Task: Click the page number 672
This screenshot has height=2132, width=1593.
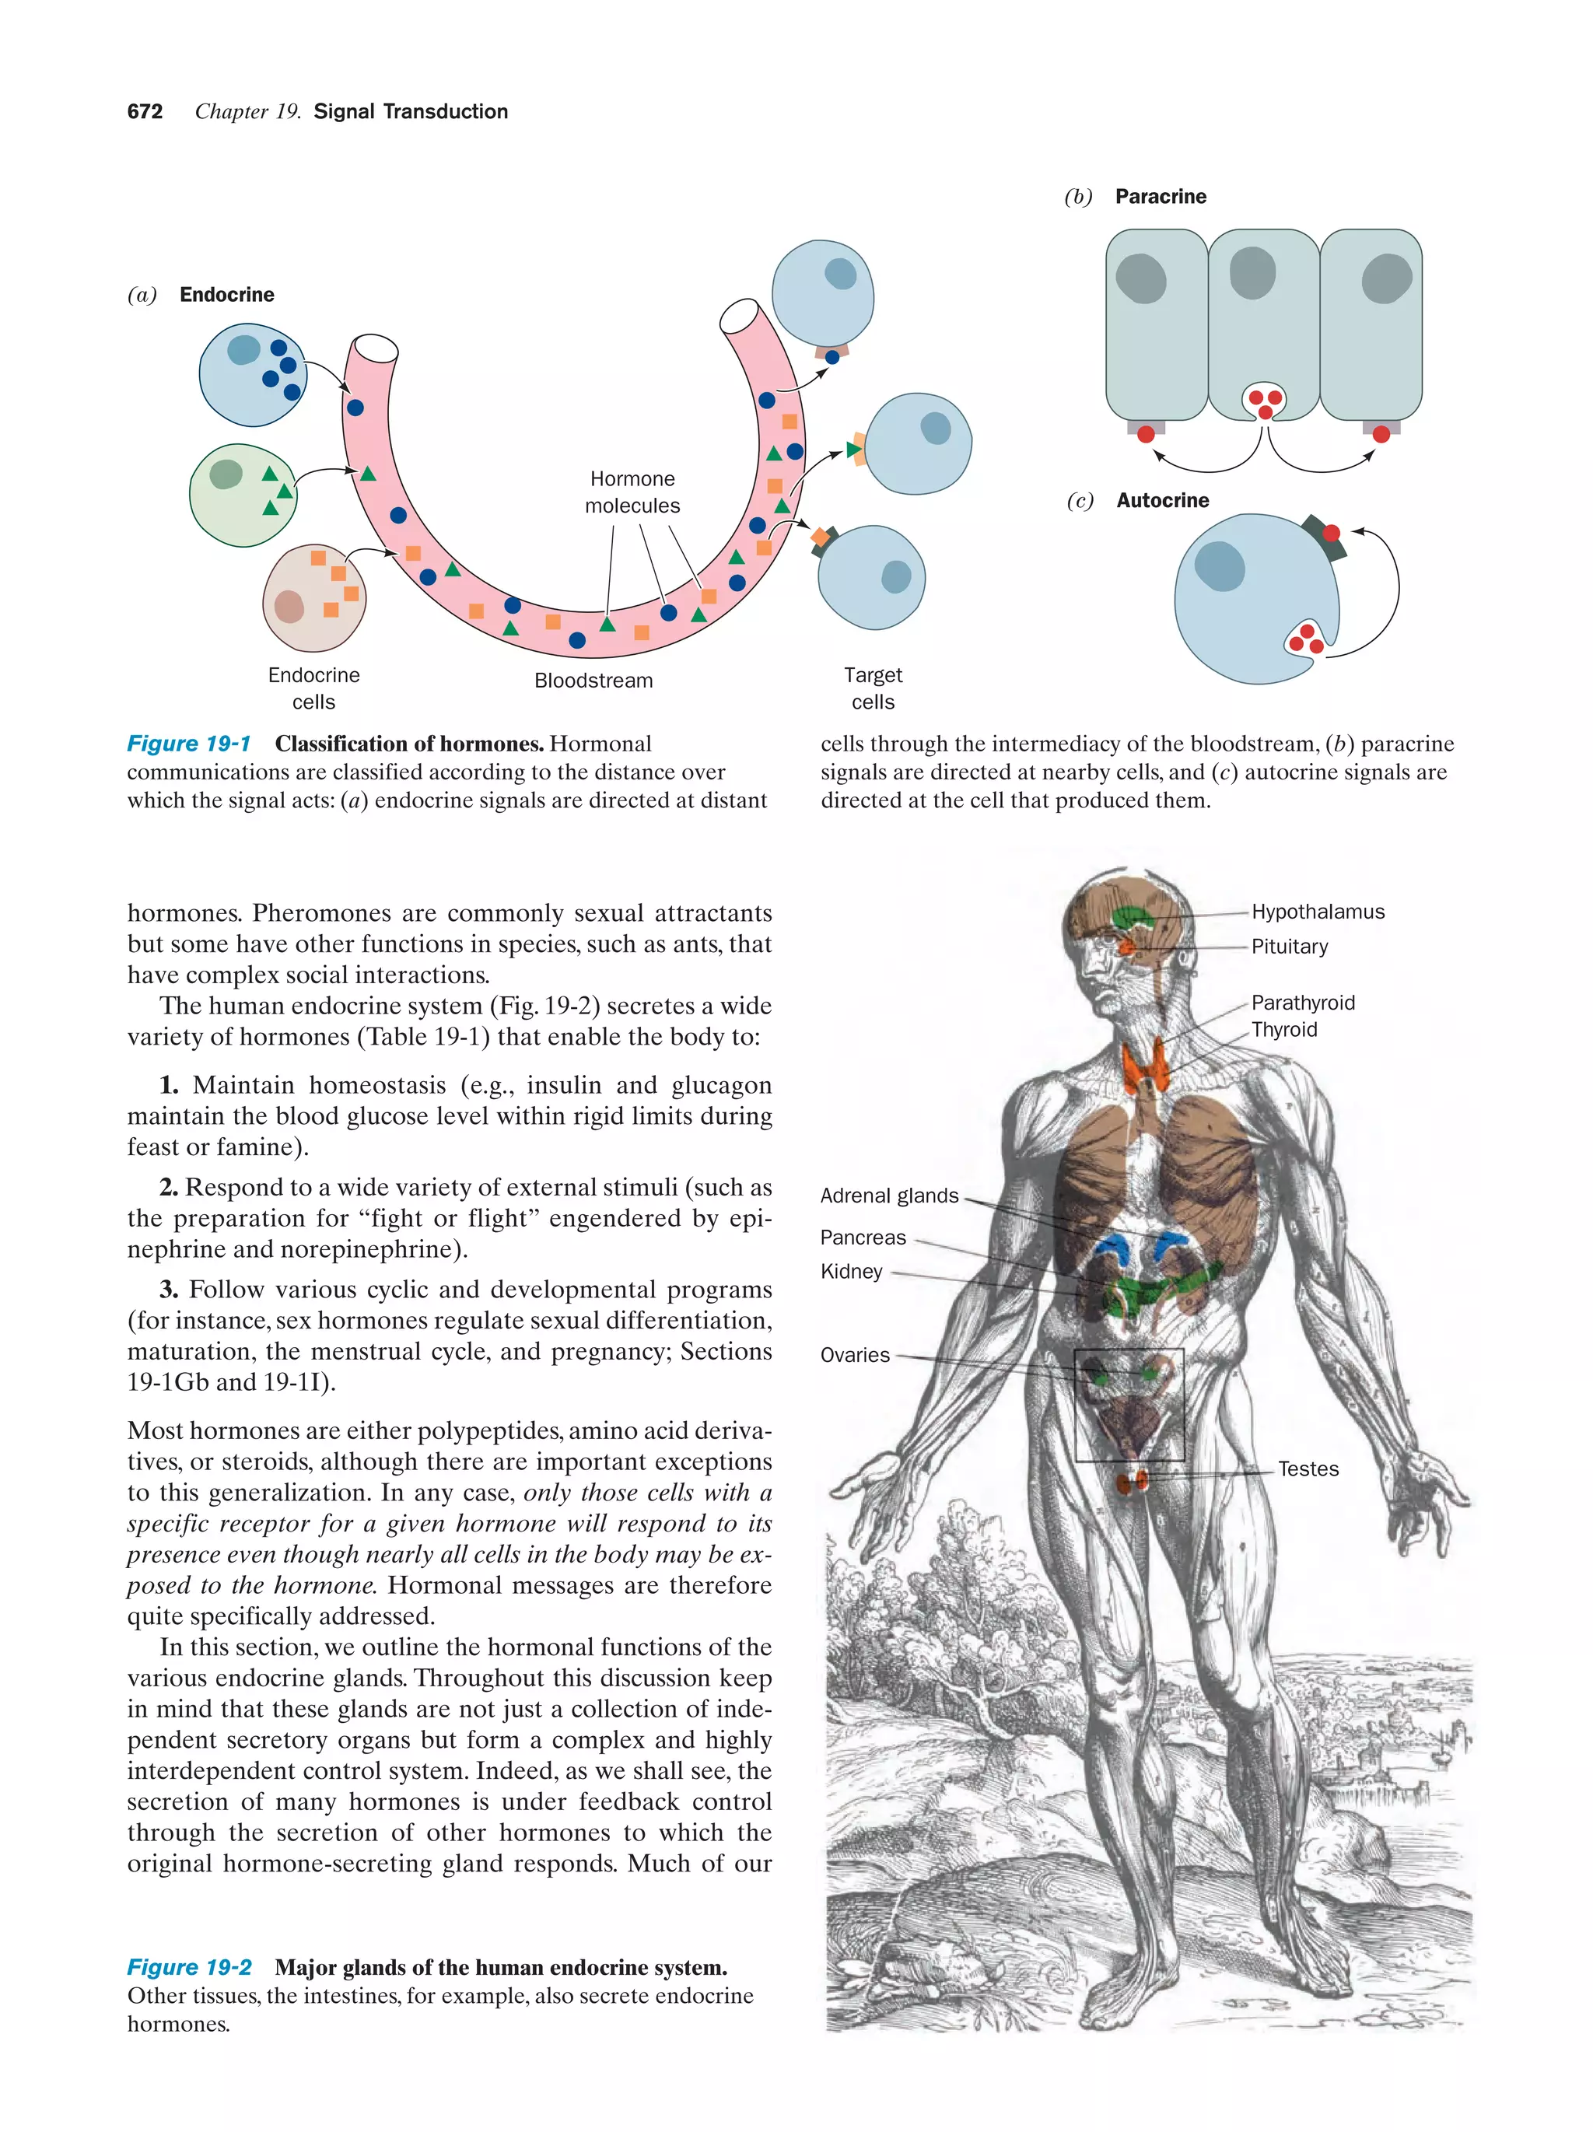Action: click(x=145, y=112)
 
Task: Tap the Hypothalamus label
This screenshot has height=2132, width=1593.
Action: click(x=1316, y=912)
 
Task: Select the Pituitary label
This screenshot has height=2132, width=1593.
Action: click(x=1288, y=947)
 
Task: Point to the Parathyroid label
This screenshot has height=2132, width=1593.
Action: click(x=1302, y=1003)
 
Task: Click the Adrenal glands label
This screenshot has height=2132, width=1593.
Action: click(x=888, y=1196)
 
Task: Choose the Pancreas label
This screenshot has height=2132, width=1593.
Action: click(x=863, y=1238)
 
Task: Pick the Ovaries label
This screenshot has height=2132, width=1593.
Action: click(x=855, y=1355)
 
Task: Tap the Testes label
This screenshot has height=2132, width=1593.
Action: click(x=1308, y=1469)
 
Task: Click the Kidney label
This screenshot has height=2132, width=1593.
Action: click(x=851, y=1271)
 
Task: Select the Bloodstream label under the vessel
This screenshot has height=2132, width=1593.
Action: click(x=593, y=681)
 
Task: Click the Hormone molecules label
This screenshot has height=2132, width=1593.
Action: click(x=632, y=492)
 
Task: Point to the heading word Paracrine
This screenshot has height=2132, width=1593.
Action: click(x=1161, y=197)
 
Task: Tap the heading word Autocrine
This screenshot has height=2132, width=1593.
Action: click(x=1162, y=500)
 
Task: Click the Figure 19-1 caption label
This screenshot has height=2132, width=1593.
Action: click(x=189, y=744)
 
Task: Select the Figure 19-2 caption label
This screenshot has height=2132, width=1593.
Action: click(x=190, y=1967)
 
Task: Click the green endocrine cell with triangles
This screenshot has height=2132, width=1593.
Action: click(x=241, y=495)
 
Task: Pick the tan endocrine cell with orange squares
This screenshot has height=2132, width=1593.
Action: click(x=314, y=597)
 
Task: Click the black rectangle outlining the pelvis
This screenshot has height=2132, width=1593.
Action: click(x=1076, y=1407)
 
